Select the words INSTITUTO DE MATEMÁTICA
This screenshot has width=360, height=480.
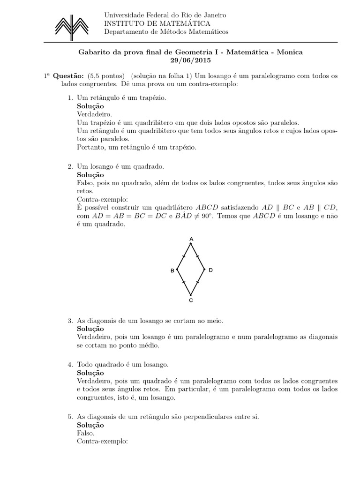click(157, 23)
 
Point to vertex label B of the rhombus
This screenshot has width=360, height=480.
click(172, 271)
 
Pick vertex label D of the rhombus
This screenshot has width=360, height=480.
click(211, 270)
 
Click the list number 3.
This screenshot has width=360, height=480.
click(69, 321)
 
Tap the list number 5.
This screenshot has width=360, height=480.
click(69, 416)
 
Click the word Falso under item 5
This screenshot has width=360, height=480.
click(85, 433)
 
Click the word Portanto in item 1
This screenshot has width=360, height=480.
click(90, 147)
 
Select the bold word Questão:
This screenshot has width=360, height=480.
click(68, 75)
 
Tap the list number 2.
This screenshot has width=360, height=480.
click(69, 166)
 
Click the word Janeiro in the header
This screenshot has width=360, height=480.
click(214, 15)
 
